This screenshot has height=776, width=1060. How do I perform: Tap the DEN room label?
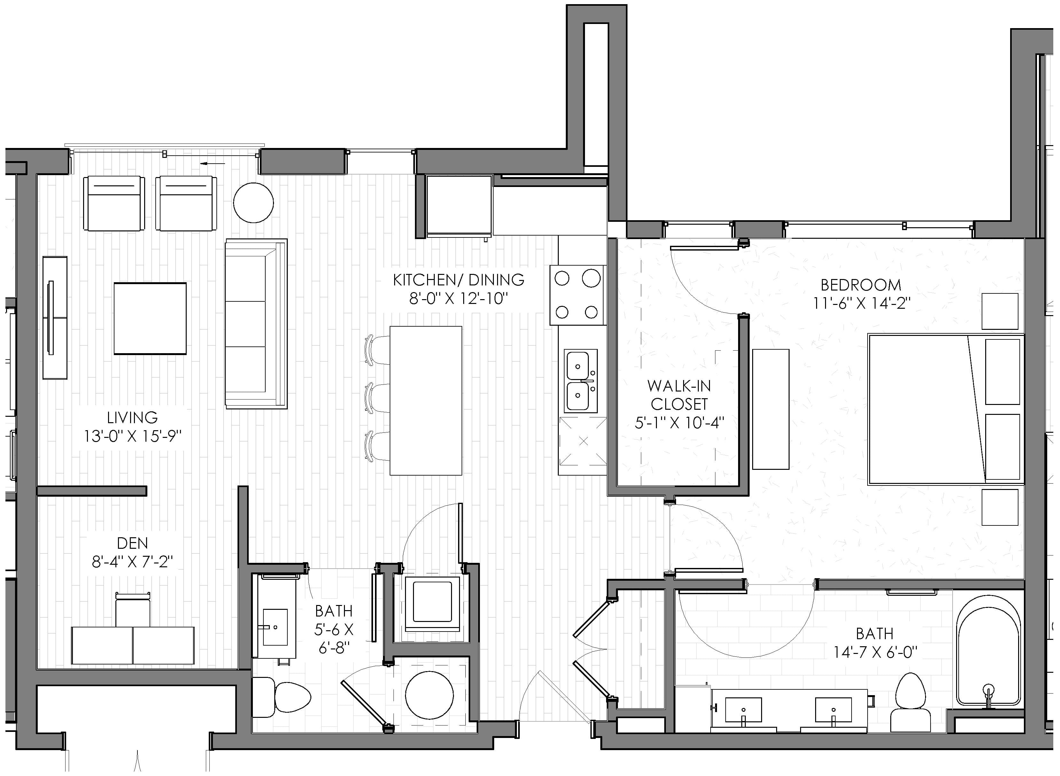coord(132,543)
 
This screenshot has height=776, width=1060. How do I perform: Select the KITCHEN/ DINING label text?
coord(459,280)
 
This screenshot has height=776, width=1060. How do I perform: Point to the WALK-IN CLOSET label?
coord(679,395)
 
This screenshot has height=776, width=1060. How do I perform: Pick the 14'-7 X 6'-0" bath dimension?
coord(875,652)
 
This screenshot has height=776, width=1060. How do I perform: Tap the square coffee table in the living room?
coord(150,318)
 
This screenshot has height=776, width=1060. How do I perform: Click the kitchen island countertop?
coord(426,401)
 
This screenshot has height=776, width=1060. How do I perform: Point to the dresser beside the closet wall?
coord(771,409)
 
